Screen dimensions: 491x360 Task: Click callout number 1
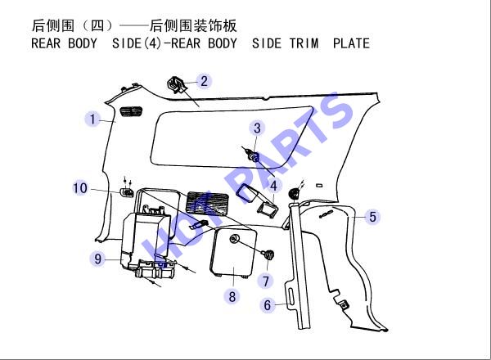92,119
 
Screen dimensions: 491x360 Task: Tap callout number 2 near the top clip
204,81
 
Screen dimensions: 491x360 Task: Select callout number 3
257,128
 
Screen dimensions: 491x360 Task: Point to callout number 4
273,186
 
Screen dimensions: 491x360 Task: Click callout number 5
372,217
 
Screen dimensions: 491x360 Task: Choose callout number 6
268,305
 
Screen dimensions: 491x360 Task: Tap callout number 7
265,281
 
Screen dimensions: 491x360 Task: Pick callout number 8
232,296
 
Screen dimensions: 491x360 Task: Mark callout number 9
97,259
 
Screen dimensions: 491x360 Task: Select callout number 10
80,188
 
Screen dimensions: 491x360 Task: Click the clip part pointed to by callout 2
176,84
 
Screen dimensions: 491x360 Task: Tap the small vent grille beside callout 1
131,111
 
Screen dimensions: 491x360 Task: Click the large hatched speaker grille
207,204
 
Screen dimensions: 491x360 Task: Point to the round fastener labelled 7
269,254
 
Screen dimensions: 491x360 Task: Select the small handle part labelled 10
127,192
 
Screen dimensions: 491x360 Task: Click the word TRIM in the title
304,43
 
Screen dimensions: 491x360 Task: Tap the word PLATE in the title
351,43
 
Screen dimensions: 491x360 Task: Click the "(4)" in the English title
152,43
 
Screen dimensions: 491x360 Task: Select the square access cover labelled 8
233,252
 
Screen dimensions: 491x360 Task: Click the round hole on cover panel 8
233,239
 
